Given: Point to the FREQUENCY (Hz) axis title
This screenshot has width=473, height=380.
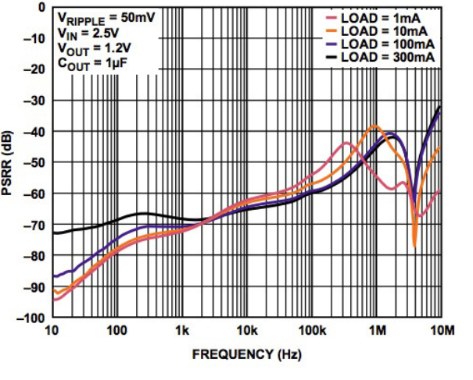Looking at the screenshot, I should click(x=246, y=353).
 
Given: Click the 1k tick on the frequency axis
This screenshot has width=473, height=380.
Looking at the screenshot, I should click(x=183, y=332).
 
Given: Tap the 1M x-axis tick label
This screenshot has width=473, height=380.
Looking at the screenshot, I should click(x=377, y=332).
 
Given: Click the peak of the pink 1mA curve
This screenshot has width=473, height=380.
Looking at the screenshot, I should click(x=345, y=143).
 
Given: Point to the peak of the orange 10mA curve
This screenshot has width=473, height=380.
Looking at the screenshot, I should click(x=376, y=125).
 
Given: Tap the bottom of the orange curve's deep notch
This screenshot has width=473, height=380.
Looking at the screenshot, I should click(x=414, y=246).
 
